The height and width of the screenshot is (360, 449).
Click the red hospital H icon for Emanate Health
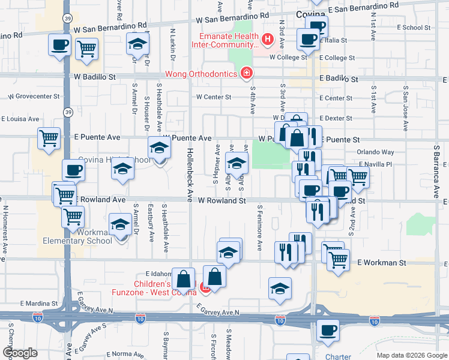pos(268,41)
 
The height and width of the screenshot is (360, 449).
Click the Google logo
pos(20,352)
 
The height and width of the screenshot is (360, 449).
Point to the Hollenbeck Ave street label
pos(190,175)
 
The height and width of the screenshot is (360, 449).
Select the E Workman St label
pos(382,263)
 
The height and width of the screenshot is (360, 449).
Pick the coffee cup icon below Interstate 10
pos(328,331)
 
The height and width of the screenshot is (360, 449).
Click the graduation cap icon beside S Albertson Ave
pos(237,163)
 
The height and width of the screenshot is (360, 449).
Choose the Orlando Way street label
pos(376,152)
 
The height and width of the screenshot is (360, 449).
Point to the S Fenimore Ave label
pos(259,229)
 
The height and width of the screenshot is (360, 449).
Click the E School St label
pos(404,27)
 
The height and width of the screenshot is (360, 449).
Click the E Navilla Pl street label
pos(375,164)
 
